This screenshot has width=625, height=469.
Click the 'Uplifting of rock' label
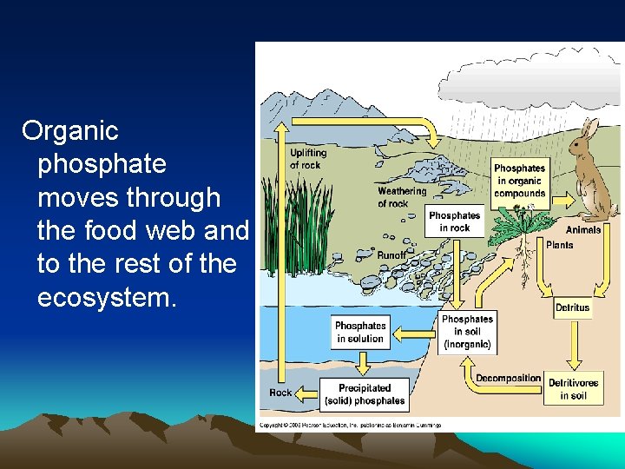point(308,159)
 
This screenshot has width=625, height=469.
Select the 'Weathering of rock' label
point(402,197)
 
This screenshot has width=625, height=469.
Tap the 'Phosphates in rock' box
point(454,221)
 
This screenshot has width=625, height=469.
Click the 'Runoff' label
point(391,255)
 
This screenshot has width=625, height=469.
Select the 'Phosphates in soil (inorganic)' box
point(467,333)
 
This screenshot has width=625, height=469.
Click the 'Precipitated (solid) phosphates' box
point(365,394)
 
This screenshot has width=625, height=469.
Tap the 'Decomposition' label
point(508,379)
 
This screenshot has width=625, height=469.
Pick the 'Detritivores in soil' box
point(573,389)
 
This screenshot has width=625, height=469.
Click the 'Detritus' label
point(572,307)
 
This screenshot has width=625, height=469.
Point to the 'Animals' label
point(583,230)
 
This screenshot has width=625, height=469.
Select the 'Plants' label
point(559,245)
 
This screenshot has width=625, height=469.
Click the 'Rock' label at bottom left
point(280,393)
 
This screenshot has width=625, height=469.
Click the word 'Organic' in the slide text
point(70,131)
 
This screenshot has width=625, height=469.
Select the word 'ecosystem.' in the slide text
point(107,297)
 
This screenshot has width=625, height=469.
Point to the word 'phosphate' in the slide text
point(102,164)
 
